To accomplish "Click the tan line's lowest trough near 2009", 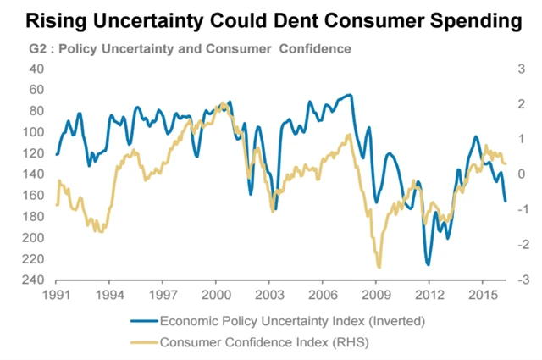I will coord(379,267).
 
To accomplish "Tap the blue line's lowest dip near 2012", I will coord(428,264).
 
